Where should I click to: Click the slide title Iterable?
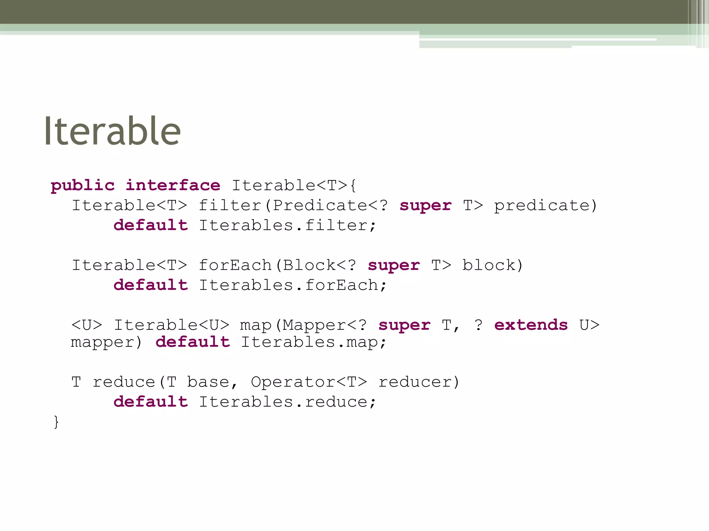pyautogui.click(x=112, y=131)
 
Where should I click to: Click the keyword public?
pyautogui.click(x=82, y=186)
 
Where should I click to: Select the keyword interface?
pyautogui.click(x=173, y=186)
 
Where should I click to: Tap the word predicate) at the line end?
pyautogui.click(x=546, y=206)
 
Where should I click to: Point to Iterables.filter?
pyautogui.click(x=287, y=225)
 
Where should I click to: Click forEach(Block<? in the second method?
pyautogui.click(x=277, y=265)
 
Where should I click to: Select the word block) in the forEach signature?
pyautogui.click(x=493, y=265)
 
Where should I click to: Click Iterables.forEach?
pyautogui.click(x=293, y=286)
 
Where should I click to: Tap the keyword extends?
pyautogui.click(x=531, y=325)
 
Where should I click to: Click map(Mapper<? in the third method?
pyautogui.click(x=303, y=325)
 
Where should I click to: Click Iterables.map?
pyautogui.click(x=314, y=343)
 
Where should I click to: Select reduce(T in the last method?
pyautogui.click(x=134, y=382)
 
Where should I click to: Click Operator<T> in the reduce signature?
pyautogui.click(x=309, y=382)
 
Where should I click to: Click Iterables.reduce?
pyautogui.click(x=287, y=402)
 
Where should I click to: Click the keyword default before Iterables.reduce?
pyautogui.click(x=151, y=402)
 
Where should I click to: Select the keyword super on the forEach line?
pyautogui.click(x=394, y=265)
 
